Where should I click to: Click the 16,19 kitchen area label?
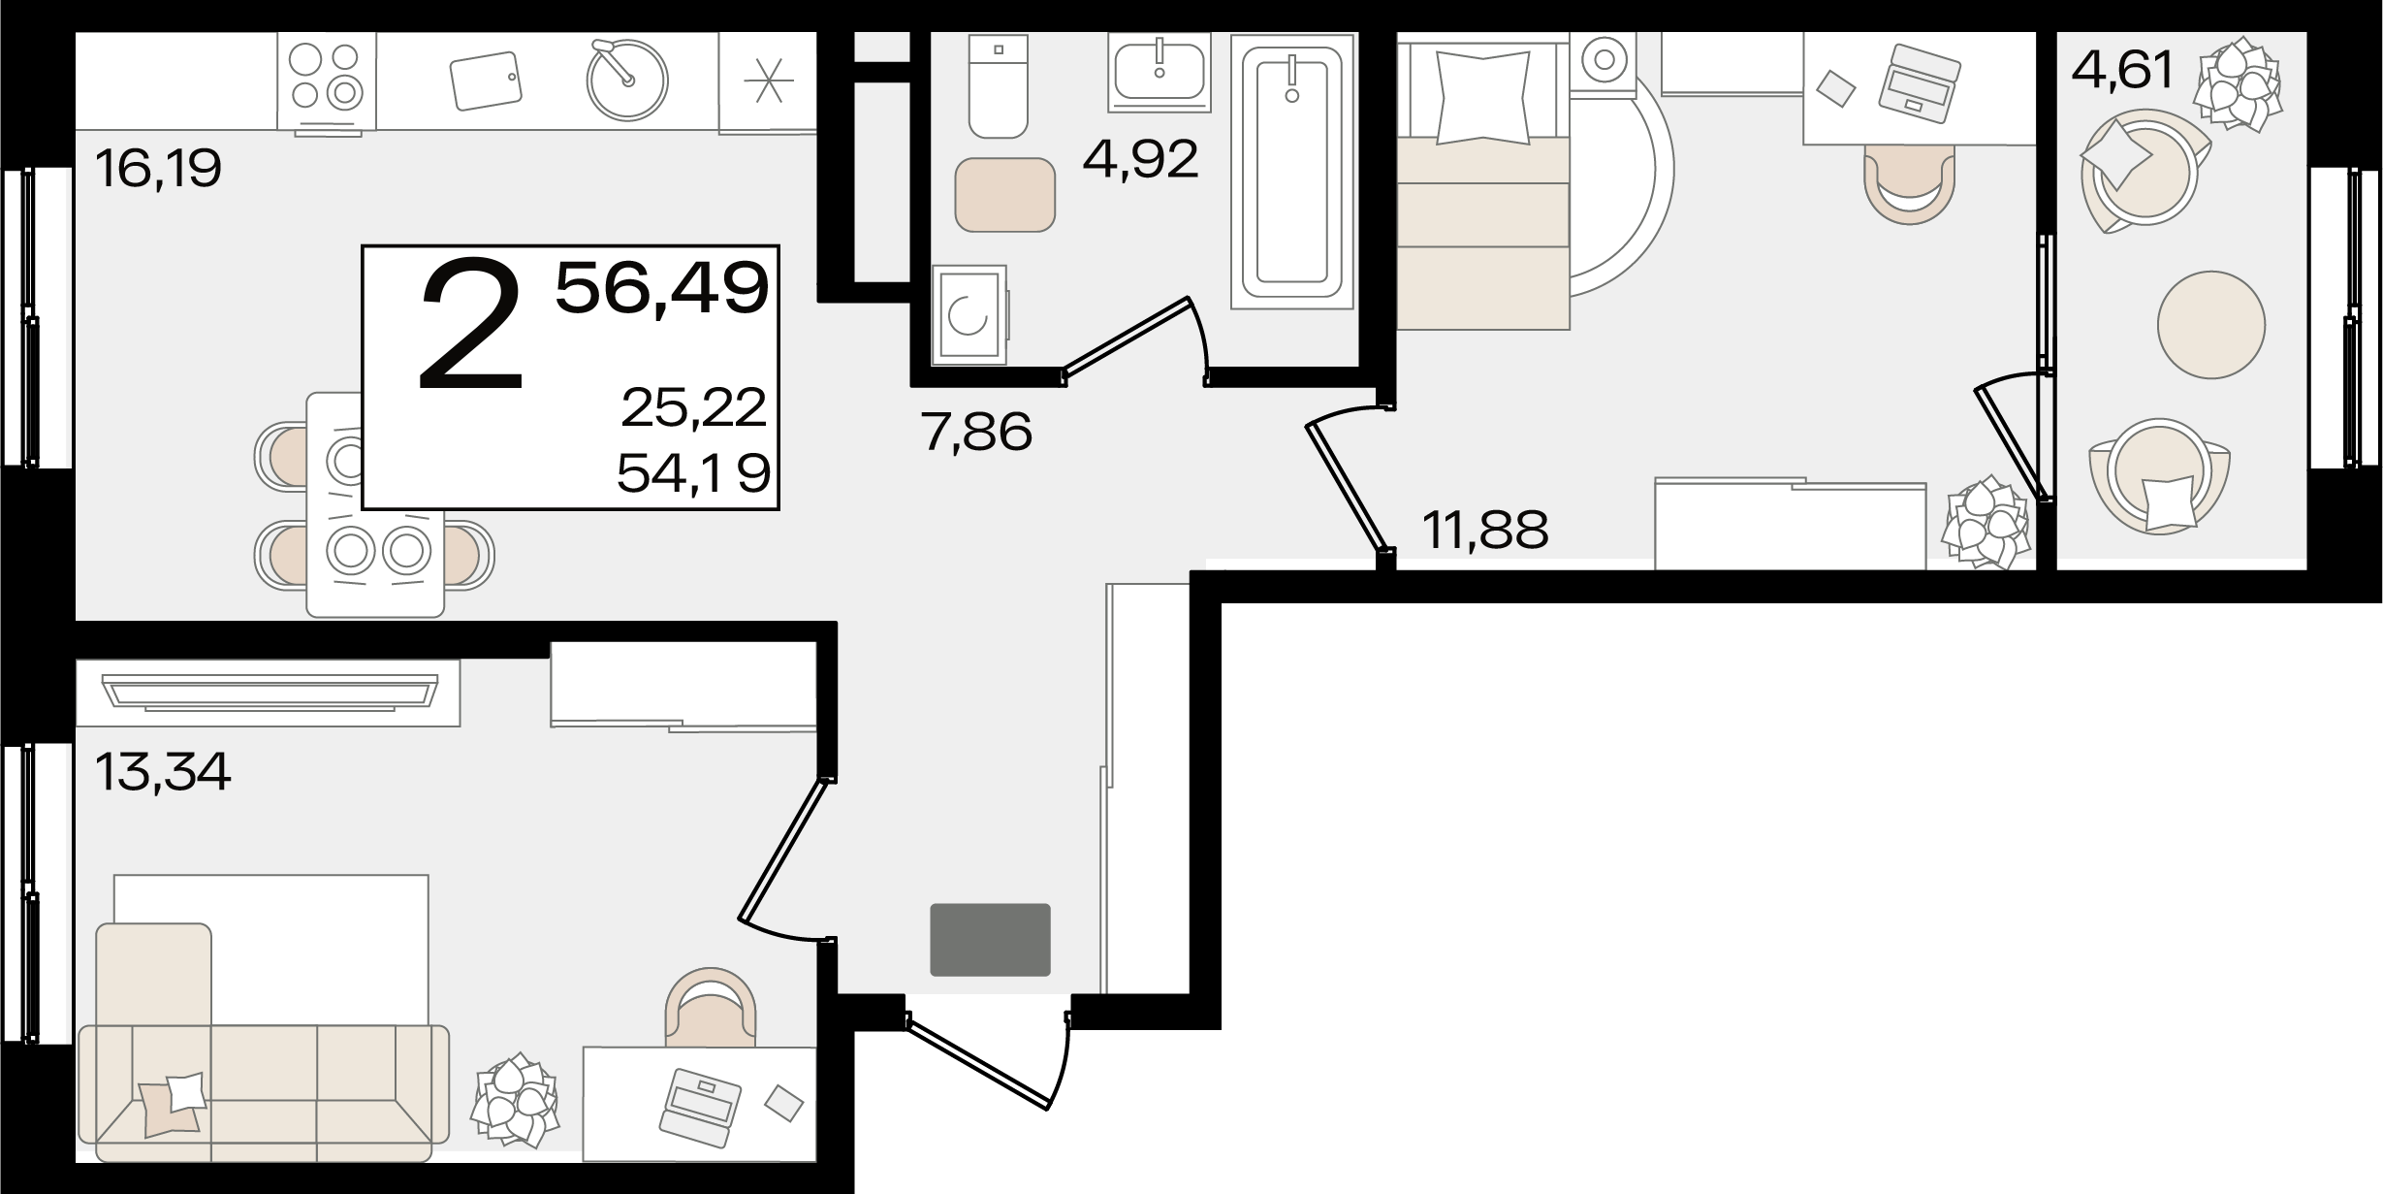click(x=159, y=169)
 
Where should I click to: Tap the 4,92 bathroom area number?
click(x=1141, y=159)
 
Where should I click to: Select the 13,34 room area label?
click(x=163, y=772)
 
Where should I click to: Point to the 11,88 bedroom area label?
click(x=1485, y=530)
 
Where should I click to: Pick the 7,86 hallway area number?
click(x=977, y=432)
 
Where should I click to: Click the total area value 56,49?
click(x=662, y=288)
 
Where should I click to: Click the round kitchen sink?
click(x=627, y=80)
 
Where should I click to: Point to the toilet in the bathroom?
click(x=998, y=86)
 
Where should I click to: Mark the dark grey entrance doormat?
click(x=990, y=940)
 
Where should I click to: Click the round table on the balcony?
click(x=2211, y=324)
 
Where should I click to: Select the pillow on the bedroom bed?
click(x=1482, y=99)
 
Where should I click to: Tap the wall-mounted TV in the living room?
click(x=269, y=693)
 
